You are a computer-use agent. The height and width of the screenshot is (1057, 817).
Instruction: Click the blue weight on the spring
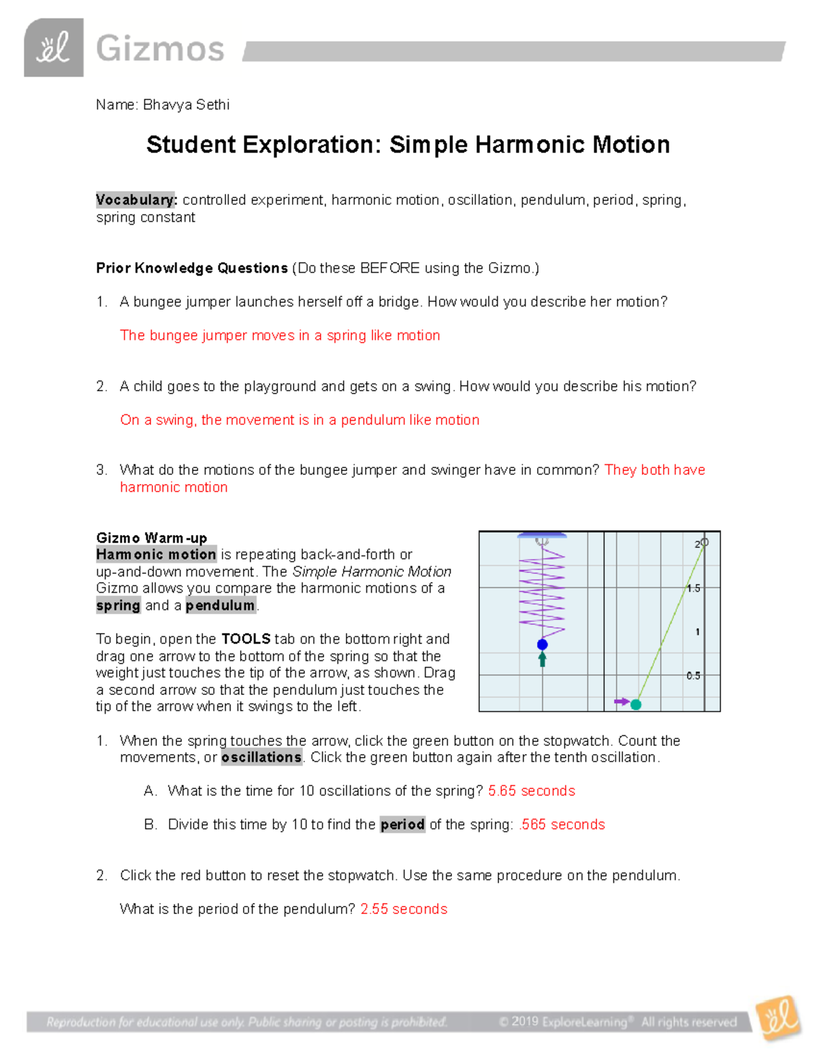(x=542, y=644)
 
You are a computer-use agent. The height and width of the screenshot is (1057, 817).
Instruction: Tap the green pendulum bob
(x=636, y=704)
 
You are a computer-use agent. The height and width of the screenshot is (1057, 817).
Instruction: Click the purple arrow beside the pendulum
(x=621, y=701)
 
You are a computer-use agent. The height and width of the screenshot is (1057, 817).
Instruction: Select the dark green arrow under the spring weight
(x=543, y=659)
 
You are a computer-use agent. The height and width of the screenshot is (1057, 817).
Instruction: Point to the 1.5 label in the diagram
(x=693, y=588)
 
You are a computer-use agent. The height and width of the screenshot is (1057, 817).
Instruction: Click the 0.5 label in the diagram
(x=693, y=676)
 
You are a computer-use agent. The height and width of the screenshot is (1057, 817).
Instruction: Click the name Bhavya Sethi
(x=186, y=105)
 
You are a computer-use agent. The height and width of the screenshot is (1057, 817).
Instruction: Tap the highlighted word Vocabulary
(x=136, y=200)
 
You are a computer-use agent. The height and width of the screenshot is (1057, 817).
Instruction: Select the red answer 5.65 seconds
(x=531, y=791)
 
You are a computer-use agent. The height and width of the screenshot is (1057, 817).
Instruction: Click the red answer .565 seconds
(x=562, y=824)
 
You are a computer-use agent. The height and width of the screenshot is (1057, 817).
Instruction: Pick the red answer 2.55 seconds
(x=404, y=909)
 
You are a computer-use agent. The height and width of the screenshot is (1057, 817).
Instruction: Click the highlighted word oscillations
(x=261, y=758)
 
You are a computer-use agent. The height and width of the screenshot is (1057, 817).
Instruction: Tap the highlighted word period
(x=402, y=824)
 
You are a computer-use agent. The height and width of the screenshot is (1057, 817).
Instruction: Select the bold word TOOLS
(x=246, y=639)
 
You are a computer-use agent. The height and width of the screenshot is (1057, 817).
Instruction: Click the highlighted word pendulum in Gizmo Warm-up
(x=220, y=606)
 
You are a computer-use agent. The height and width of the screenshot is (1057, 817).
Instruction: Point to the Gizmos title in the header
(x=160, y=49)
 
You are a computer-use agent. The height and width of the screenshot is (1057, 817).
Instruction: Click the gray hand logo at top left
(x=54, y=48)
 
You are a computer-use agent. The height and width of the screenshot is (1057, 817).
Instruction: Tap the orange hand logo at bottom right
(x=778, y=1018)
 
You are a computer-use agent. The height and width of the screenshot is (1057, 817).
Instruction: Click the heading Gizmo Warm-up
(x=151, y=538)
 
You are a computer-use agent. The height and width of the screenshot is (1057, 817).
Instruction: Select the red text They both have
(x=654, y=470)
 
